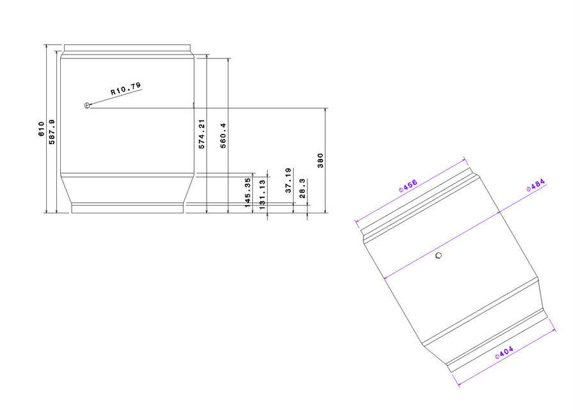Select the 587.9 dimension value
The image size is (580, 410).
click(52, 131)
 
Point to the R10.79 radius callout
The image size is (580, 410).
click(125, 88)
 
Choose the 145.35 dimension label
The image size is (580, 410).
click(248, 193)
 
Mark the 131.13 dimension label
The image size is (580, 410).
click(261, 193)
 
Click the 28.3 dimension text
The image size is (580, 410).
click(303, 189)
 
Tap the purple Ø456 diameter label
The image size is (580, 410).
click(407, 186)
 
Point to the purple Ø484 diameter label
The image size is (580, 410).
click(535, 186)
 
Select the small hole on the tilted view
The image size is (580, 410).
click(439, 256)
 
